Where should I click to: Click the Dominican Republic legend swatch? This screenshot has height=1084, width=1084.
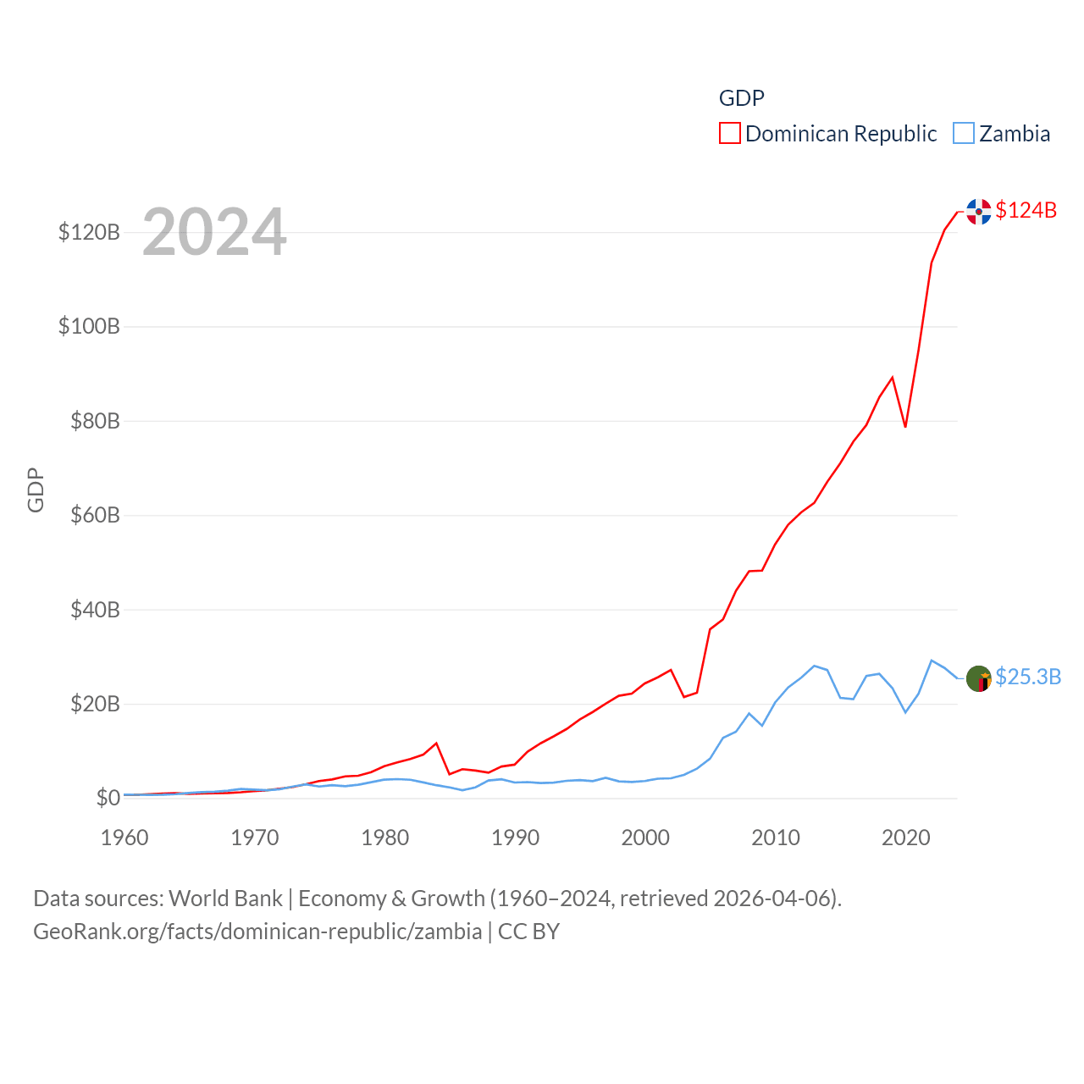click(729, 134)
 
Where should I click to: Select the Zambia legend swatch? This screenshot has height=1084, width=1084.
click(963, 134)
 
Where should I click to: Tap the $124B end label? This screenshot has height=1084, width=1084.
click(1026, 210)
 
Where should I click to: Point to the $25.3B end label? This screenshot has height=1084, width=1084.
click(1028, 677)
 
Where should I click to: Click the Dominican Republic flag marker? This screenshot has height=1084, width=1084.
click(979, 212)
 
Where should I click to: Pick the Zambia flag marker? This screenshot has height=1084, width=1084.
click(979, 678)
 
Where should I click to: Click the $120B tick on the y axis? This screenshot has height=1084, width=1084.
click(89, 232)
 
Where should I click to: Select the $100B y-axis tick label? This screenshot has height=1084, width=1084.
click(89, 326)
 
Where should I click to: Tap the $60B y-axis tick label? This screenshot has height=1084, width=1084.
click(95, 515)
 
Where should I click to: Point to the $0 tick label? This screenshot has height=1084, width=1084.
click(108, 798)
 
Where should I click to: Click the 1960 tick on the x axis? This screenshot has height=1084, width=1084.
click(124, 838)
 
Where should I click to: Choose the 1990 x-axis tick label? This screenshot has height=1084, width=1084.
click(515, 838)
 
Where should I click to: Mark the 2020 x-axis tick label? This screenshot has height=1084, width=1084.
click(905, 838)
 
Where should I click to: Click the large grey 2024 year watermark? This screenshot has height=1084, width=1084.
click(214, 232)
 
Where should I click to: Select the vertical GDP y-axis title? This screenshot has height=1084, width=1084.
click(36, 489)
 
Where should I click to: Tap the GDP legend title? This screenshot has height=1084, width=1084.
click(741, 98)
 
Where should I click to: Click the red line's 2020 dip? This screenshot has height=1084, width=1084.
click(905, 426)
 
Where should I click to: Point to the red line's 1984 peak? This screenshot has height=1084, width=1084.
click(436, 744)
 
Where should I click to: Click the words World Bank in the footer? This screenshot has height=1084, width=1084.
click(225, 898)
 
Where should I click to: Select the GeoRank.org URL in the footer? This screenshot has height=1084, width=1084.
click(257, 932)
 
